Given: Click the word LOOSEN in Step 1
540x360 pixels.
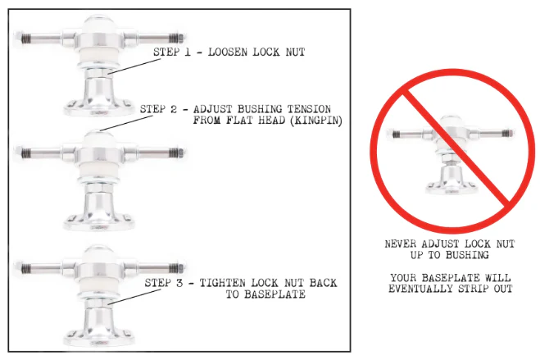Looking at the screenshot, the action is (228, 52).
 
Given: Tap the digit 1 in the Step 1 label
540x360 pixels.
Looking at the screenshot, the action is (188, 52).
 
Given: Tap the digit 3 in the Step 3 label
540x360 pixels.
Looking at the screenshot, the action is (179, 283).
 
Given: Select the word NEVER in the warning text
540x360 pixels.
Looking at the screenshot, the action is (400, 244).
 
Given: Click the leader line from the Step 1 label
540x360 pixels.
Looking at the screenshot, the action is (134, 66).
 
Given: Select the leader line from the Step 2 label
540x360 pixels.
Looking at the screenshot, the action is (125, 123).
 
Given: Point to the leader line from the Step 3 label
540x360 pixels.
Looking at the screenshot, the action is (134, 297).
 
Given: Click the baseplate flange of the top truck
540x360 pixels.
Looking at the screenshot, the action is (99, 108).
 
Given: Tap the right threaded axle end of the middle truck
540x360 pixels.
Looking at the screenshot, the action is (177, 153).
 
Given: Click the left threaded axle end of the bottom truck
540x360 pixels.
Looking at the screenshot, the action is (22, 267).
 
